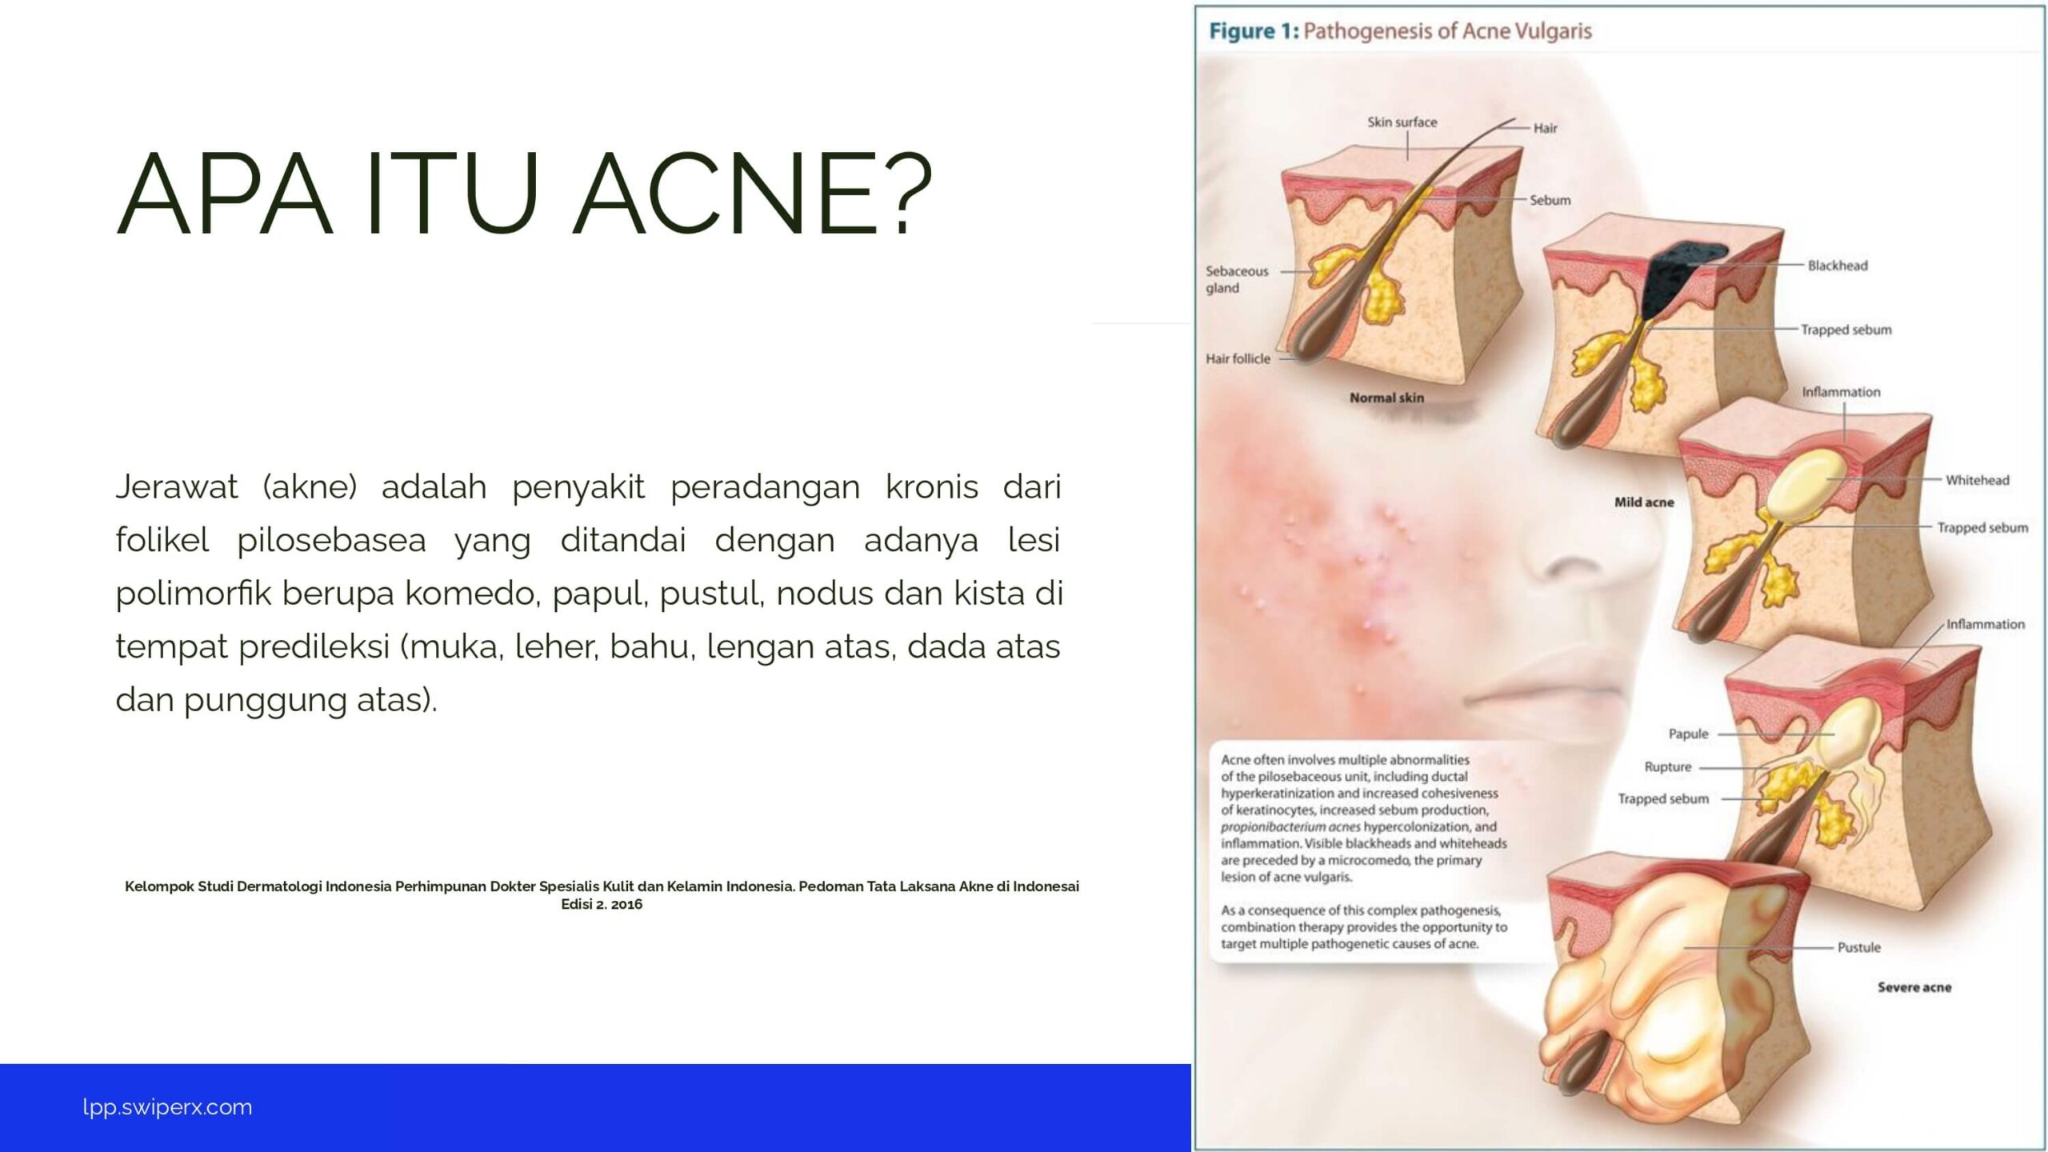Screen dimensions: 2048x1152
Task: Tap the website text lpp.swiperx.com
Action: pyautogui.click(x=167, y=1107)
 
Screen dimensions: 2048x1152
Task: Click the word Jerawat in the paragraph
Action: pyautogui.click(x=177, y=486)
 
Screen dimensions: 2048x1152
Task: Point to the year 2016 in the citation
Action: pyautogui.click(x=626, y=904)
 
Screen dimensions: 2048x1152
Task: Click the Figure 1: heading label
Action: pyautogui.click(x=1254, y=31)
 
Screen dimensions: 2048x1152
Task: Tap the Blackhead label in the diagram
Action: pyautogui.click(x=1838, y=266)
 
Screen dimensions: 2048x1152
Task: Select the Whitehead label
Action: pyautogui.click(x=1977, y=480)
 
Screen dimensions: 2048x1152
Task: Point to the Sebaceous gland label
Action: pyautogui.click(x=1237, y=279)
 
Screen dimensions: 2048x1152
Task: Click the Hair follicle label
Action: pyautogui.click(x=1238, y=358)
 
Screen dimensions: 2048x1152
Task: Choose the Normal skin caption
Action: pyautogui.click(x=1386, y=398)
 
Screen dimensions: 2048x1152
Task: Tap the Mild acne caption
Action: pyautogui.click(x=1644, y=502)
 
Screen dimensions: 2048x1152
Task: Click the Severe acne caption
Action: pyautogui.click(x=1914, y=987)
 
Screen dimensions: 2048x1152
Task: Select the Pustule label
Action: pyautogui.click(x=1858, y=947)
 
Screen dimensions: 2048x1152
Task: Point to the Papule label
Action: pyautogui.click(x=1688, y=734)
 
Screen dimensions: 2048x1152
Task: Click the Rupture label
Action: pyautogui.click(x=1668, y=766)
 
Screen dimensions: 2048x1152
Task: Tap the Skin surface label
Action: pyautogui.click(x=1402, y=122)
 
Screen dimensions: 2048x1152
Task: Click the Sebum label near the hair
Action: pyautogui.click(x=1550, y=200)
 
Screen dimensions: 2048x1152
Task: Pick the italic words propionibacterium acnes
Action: pyautogui.click(x=1290, y=826)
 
